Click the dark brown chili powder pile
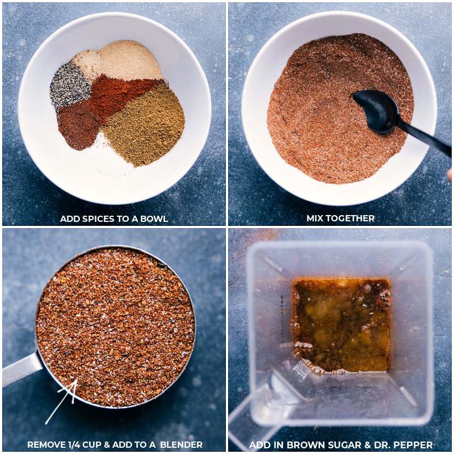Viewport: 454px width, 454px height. click(x=78, y=123)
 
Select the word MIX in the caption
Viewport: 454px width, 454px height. click(x=316, y=218)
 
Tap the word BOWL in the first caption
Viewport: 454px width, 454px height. click(x=154, y=218)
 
